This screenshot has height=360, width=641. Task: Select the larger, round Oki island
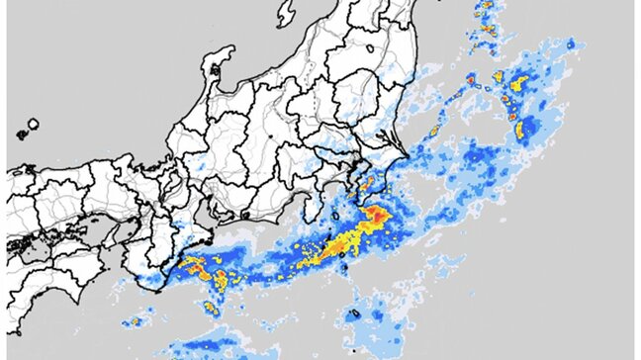coord(33,124)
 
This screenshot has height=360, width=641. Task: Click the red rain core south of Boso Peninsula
coord(377,215)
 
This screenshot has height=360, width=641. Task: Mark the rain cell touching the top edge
coord(484,8)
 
